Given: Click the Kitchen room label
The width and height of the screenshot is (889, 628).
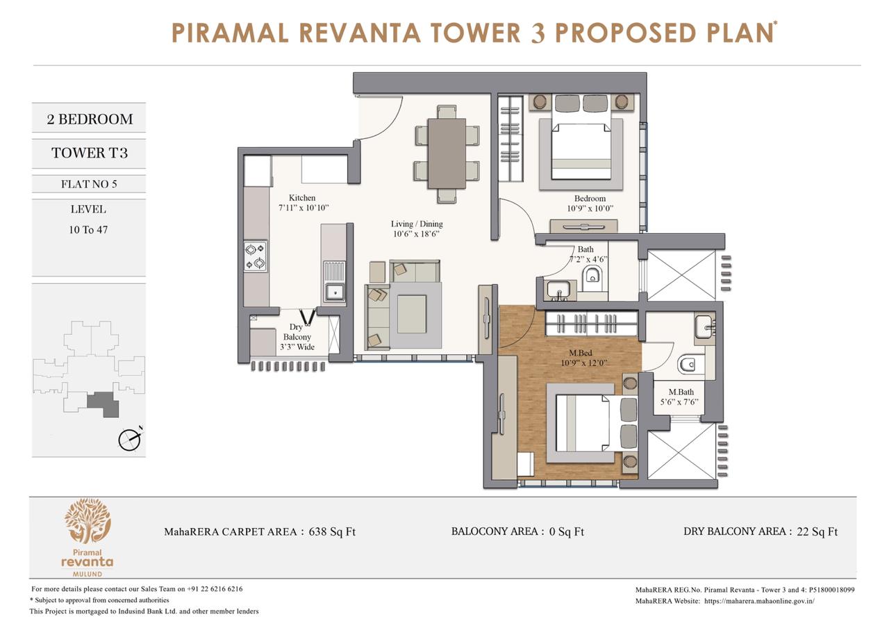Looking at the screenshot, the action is [x=302, y=198].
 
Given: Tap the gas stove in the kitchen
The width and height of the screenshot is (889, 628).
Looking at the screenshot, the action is [x=255, y=256].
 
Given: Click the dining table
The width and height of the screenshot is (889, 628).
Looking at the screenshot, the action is [x=447, y=154].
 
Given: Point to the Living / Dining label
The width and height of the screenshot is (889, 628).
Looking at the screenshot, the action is [x=417, y=224].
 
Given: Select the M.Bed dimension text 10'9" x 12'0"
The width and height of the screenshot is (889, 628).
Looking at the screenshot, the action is [x=584, y=363].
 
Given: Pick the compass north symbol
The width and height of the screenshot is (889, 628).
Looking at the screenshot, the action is [x=129, y=440].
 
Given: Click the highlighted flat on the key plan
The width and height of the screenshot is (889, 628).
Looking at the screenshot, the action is [x=103, y=404].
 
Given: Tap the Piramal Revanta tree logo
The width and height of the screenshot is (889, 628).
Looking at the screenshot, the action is [x=88, y=521].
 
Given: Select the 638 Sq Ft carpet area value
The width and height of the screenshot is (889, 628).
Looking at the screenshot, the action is [x=332, y=531].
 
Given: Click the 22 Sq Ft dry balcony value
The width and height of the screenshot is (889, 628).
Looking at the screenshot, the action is [x=817, y=531].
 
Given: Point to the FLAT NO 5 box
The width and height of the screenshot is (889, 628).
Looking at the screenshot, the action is [x=89, y=184].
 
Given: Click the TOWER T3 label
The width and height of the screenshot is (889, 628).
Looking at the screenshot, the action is [x=90, y=154].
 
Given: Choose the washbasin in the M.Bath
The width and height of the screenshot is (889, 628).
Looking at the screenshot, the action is [x=705, y=327].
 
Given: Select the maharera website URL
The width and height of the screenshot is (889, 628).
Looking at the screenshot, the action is [x=759, y=601].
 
